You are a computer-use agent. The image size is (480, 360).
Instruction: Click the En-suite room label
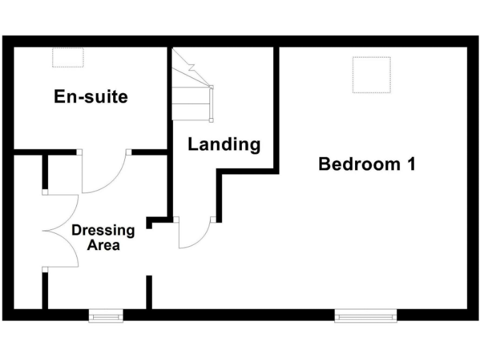[x=91, y=97]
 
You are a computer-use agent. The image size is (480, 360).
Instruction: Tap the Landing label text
[x=224, y=144]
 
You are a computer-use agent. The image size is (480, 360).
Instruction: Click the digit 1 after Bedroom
[x=411, y=164]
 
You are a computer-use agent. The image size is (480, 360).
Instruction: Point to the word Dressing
[x=103, y=230]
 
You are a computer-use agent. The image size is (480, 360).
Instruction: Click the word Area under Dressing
[x=103, y=245]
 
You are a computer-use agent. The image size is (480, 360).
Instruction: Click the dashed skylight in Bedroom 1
[x=371, y=74]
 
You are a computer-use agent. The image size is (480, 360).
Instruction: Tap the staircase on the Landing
[x=191, y=87]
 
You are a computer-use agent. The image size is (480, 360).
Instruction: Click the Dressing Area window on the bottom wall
[x=106, y=317]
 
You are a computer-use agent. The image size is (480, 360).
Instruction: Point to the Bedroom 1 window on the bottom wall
[x=366, y=317]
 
